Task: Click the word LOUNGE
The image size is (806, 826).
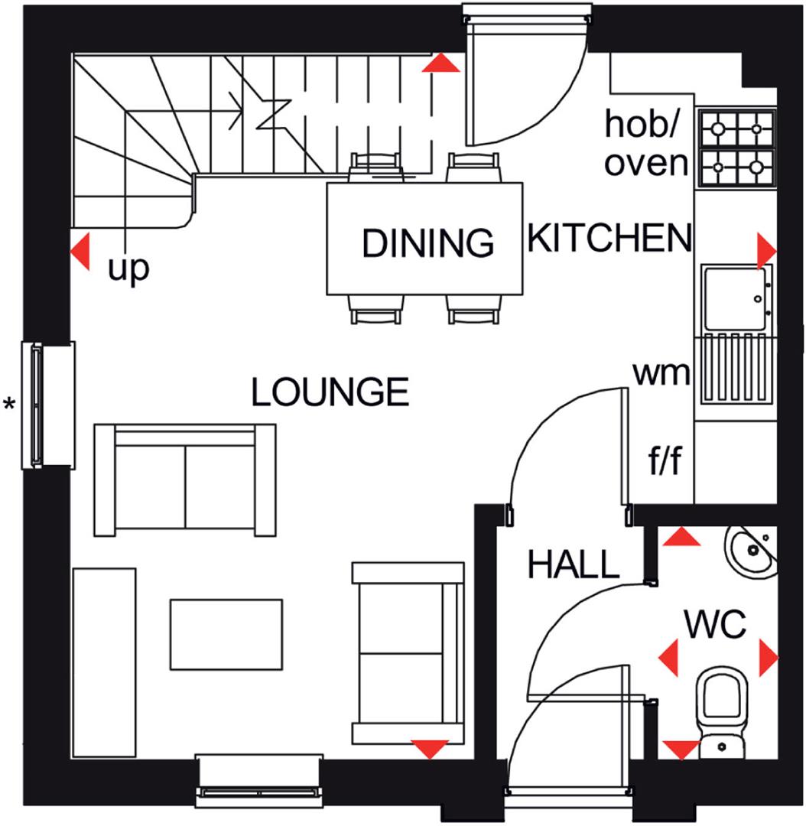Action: [330, 393]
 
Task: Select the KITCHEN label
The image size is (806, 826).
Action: [609, 239]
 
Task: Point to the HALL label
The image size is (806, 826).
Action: [573, 565]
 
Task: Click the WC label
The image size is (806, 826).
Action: [715, 625]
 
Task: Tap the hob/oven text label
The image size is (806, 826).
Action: [646, 143]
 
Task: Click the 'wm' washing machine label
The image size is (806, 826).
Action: [661, 374]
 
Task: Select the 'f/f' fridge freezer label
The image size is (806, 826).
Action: [665, 462]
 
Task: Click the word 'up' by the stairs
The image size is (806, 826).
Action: [128, 269]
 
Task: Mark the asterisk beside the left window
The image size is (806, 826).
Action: [10, 403]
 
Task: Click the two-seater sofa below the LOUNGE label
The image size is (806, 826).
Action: [185, 480]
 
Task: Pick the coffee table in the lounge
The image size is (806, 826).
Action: [226, 634]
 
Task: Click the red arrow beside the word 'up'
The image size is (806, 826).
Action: [80, 251]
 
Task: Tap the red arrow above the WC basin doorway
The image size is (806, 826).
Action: [681, 538]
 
